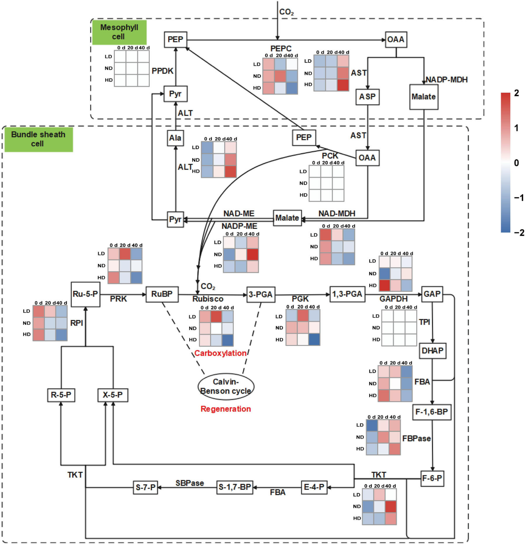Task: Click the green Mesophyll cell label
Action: (119, 32)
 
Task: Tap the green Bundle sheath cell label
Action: (38, 139)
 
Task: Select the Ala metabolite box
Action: (175, 138)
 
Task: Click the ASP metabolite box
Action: (367, 97)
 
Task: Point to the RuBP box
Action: (162, 294)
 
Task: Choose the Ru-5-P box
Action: (85, 294)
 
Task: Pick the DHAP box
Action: (432, 351)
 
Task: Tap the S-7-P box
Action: (145, 488)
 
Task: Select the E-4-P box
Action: (314, 487)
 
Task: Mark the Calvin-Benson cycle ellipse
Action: (226, 386)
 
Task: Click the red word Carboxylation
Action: (220, 353)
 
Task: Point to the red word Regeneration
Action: (225, 409)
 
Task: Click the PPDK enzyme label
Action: (162, 71)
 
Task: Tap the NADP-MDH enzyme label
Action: (447, 80)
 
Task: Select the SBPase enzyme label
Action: (189, 483)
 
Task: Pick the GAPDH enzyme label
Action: (393, 299)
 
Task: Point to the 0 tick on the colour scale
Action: (516, 163)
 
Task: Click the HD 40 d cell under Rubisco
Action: (227, 340)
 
